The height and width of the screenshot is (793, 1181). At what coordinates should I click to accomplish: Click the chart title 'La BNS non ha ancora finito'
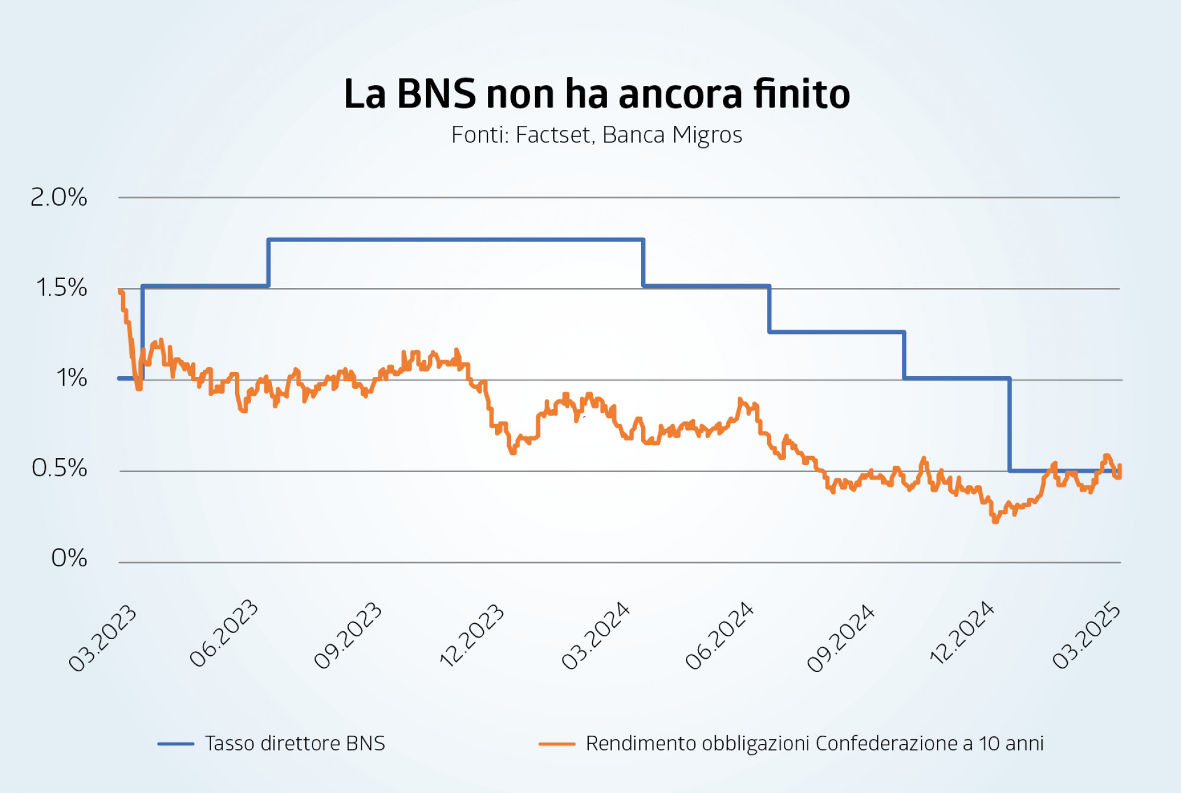(596, 94)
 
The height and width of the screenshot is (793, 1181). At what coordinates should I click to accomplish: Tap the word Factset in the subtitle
(553, 135)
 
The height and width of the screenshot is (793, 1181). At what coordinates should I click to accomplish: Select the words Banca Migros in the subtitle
(672, 135)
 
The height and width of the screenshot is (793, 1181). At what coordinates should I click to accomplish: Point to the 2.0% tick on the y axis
(58, 197)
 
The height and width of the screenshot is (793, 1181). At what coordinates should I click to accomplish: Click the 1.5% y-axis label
(61, 288)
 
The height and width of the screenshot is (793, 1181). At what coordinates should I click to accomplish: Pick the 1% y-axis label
(72, 378)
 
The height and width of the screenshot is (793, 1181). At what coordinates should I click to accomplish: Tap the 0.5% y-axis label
(59, 469)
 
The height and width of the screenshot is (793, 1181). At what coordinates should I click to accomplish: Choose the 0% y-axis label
(69, 559)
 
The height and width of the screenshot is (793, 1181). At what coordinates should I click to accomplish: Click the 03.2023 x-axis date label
(103, 638)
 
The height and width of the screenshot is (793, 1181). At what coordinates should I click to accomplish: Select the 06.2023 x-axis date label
(224, 633)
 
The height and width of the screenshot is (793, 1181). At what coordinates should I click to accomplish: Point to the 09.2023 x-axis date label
(348, 636)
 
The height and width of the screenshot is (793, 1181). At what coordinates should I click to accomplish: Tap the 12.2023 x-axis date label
(471, 636)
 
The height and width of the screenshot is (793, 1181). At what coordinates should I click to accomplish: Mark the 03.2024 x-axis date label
(595, 636)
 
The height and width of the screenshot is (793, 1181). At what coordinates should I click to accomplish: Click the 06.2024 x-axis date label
(719, 636)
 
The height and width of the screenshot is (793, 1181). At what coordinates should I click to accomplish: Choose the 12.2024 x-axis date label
(962, 633)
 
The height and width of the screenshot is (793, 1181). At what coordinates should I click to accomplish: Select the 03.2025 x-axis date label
(1086, 636)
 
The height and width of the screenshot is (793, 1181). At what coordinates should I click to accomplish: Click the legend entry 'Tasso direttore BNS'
(295, 744)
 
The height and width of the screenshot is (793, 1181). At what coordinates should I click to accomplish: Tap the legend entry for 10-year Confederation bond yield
(814, 744)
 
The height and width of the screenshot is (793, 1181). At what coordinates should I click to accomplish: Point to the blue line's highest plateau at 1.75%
(456, 240)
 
